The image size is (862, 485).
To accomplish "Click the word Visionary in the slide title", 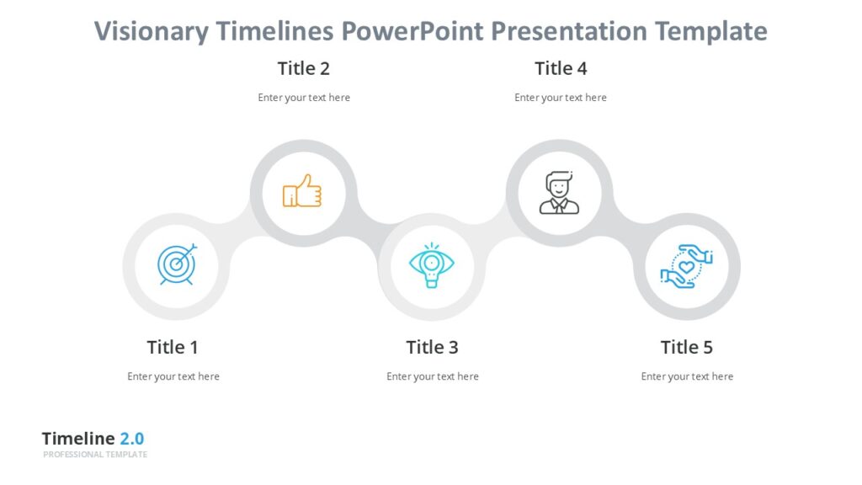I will coord(151,32).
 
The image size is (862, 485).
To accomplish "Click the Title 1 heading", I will coord(173,347).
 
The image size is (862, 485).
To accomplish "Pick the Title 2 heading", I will coord(303,68).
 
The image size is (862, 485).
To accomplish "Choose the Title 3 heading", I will coord(432,347).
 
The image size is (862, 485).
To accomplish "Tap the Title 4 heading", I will coord(561,68).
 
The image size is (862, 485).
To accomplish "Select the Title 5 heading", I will coord(686,347).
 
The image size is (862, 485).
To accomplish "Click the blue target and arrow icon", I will coord(177,264).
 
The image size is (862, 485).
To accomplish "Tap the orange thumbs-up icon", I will coord(302,192).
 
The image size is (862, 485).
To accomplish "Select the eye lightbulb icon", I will coord(432,264).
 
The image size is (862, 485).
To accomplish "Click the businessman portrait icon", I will coord(559,193).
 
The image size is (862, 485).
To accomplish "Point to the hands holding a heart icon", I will coord(686,267).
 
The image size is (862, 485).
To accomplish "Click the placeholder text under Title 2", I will coord(304,98).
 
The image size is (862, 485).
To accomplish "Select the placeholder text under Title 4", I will coord(561,98).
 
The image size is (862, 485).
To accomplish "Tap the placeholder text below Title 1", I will coord(173,376).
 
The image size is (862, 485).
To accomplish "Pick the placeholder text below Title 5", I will coord(687,376).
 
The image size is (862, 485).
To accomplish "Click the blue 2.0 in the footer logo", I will coord(131,439).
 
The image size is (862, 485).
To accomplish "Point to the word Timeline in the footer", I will coord(78,439).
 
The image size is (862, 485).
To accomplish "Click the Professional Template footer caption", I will coord(95,455).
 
